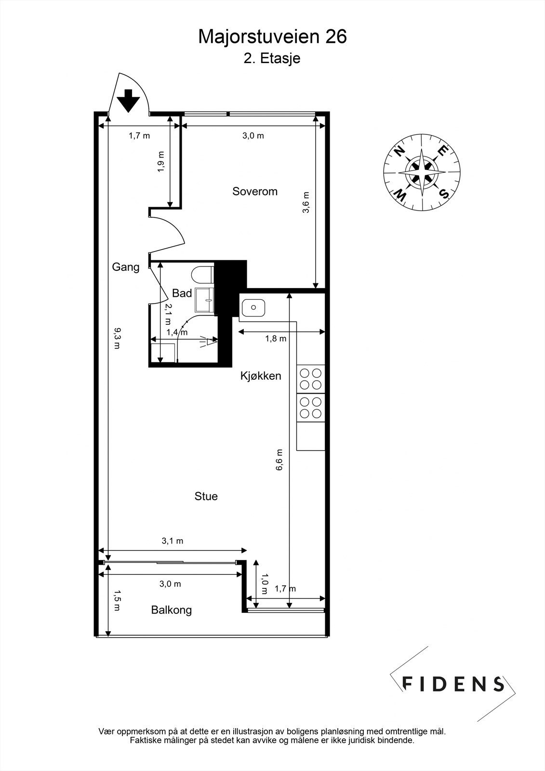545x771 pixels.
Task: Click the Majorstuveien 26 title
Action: [272, 37]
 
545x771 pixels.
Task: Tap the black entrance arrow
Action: [128, 101]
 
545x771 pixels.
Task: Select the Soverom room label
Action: [255, 191]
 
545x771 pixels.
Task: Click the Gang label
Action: [126, 267]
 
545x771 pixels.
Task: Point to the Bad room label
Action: [182, 293]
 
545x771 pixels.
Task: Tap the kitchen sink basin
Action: [253, 307]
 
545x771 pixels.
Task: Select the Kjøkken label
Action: [261, 376]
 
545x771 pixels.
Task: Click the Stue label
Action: [206, 496]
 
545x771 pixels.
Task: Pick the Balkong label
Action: [171, 610]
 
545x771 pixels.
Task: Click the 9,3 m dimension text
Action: [117, 338]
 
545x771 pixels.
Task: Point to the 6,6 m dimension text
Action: [279, 460]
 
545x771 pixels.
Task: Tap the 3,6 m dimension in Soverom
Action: [306, 202]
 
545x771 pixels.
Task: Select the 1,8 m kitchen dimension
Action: [276, 339]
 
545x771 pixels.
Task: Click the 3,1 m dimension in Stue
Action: [172, 541]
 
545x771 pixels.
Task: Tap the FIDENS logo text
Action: [453, 684]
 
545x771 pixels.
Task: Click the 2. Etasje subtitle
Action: [272, 58]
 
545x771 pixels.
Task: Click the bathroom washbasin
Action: [204, 301]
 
